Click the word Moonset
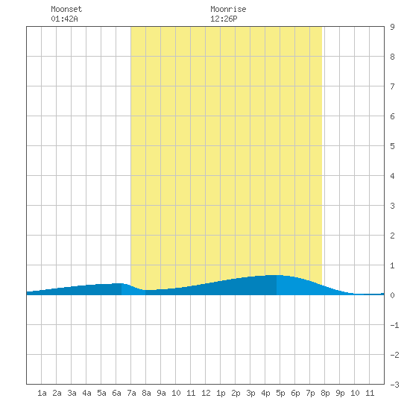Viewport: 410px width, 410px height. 66,9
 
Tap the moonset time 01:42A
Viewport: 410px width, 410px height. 64,19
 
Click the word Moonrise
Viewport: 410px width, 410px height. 228,9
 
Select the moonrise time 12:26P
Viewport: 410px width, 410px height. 224,19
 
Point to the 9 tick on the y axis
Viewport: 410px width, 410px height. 392,27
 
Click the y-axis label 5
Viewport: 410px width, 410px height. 392,146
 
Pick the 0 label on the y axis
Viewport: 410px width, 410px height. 392,295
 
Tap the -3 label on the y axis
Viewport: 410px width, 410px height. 394,385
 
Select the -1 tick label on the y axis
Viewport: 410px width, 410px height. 394,325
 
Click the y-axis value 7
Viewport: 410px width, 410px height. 392,86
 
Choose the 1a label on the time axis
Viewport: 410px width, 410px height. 42,393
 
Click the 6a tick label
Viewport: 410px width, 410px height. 116,393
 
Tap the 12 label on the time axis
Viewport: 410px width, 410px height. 206,393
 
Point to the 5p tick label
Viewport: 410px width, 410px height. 280,393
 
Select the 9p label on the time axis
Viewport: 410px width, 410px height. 340,393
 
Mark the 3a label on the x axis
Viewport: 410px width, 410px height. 72,393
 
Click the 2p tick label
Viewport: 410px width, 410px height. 236,393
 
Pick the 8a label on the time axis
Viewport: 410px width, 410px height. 146,393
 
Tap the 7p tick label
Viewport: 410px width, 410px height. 310,393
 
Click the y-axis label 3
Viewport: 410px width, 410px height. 392,206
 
